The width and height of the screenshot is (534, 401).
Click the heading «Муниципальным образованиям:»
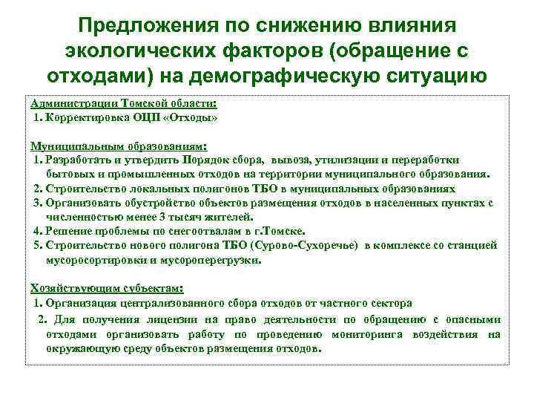[117, 146]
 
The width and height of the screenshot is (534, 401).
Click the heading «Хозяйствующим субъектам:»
[106, 288]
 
